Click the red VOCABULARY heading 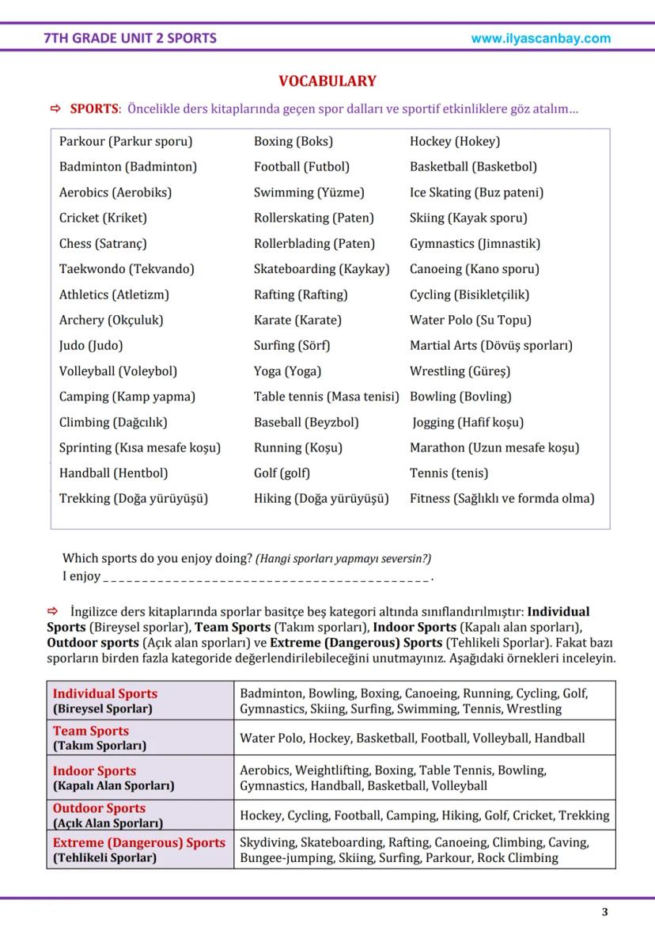click(x=327, y=82)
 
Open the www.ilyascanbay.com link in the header click(x=540, y=38)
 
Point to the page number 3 click(x=605, y=912)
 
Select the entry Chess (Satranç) click(x=103, y=244)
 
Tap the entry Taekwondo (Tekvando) click(x=127, y=269)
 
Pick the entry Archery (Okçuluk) click(x=112, y=321)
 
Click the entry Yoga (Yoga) click(x=287, y=371)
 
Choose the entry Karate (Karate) click(x=297, y=321)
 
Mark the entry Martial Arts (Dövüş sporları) click(x=490, y=346)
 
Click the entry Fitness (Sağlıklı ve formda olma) click(x=502, y=499)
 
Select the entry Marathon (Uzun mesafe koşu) click(x=494, y=448)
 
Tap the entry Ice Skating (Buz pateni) click(x=476, y=192)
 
